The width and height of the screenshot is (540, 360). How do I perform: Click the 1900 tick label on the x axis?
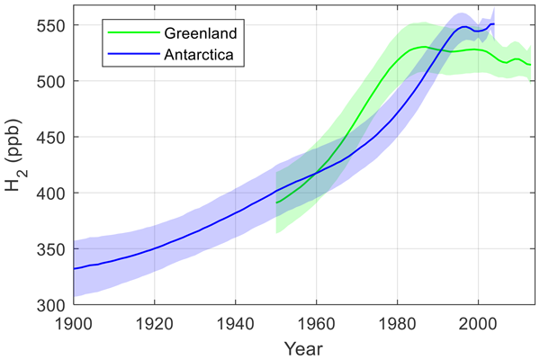pyautogui.click(x=73, y=321)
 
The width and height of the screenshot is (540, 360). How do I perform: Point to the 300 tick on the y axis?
pyautogui.click(x=56, y=305)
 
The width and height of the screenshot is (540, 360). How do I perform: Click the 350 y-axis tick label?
pyautogui.click(x=56, y=249)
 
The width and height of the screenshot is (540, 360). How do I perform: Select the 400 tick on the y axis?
pyautogui.click(x=56, y=193)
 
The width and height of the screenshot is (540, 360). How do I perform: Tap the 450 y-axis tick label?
pyautogui.click(x=56, y=138)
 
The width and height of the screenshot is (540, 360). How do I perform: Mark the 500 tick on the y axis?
pyautogui.click(x=56, y=82)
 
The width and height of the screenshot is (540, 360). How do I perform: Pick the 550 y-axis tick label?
pyautogui.click(x=56, y=26)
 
